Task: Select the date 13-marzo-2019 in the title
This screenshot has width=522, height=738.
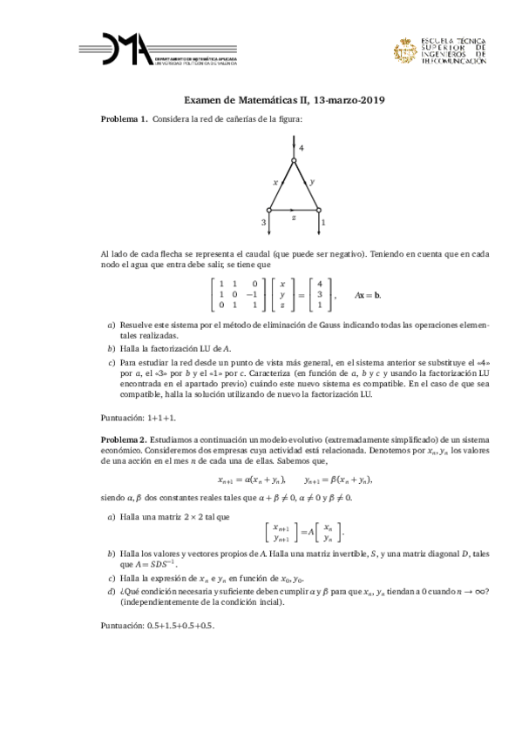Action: [x=337, y=101]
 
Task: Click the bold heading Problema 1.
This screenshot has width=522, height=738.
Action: [x=124, y=118]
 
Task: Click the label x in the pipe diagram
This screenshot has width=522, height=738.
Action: [x=275, y=183]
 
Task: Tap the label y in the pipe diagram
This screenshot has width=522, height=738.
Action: [x=312, y=183]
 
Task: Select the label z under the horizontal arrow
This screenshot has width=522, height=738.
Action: [x=294, y=218]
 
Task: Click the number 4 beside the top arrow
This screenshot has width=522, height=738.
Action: [x=301, y=149]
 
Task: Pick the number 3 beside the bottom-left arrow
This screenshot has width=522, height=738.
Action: [x=262, y=223]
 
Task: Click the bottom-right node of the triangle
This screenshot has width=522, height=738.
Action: [x=320, y=210]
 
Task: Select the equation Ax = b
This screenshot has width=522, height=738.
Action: [x=366, y=295]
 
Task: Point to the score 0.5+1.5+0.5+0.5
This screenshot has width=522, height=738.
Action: [x=185, y=625]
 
